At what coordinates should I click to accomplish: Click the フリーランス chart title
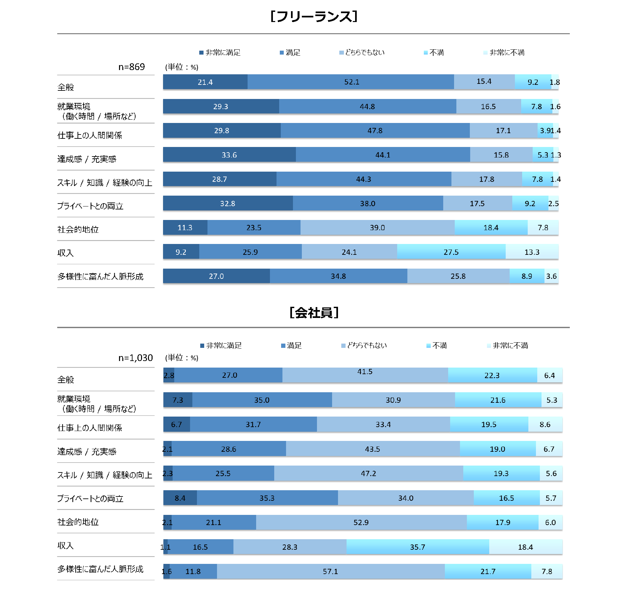click(x=314, y=16)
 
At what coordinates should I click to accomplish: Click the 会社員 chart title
click(x=314, y=313)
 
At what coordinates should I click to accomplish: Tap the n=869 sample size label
click(x=132, y=67)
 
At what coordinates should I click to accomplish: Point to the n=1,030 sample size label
click(x=135, y=358)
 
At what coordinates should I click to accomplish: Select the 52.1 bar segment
click(x=351, y=82)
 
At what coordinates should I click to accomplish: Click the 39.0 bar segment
click(x=377, y=228)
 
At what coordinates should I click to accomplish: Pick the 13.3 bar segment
click(x=532, y=252)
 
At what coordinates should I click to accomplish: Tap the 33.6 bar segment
click(x=229, y=155)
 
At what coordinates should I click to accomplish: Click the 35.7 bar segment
click(x=418, y=547)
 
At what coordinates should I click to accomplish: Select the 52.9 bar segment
click(x=361, y=522)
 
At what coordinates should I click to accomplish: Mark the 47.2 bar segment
click(x=368, y=473)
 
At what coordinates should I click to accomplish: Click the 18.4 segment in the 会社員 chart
click(x=525, y=547)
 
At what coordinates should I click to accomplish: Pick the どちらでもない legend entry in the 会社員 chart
click(x=364, y=346)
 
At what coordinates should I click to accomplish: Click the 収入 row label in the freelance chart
click(x=65, y=253)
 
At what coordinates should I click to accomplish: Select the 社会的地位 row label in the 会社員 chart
click(x=78, y=522)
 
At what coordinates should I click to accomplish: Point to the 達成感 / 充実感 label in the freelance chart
click(x=87, y=159)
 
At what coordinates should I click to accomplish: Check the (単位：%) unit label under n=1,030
click(x=181, y=358)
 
